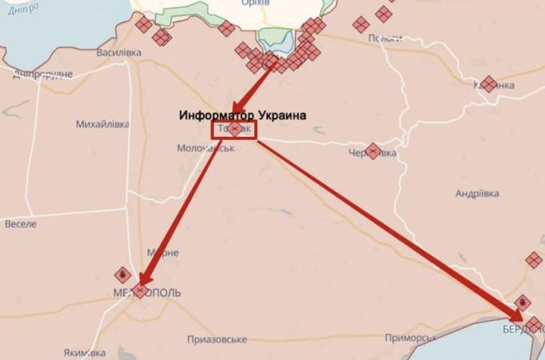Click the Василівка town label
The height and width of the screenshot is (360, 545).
point(119,53)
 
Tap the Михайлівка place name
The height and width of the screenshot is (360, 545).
point(102,124)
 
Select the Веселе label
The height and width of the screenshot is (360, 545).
point(20,224)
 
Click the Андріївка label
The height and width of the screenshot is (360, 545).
point(478,194)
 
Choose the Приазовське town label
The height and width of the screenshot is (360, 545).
point(216,339)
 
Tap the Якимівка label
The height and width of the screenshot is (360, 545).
point(83,353)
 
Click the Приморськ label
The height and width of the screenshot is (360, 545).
point(388,339)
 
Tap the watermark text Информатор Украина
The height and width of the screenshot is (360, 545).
point(243,115)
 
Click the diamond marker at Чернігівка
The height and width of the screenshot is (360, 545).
point(373,151)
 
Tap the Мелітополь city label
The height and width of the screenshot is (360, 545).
point(148,293)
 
